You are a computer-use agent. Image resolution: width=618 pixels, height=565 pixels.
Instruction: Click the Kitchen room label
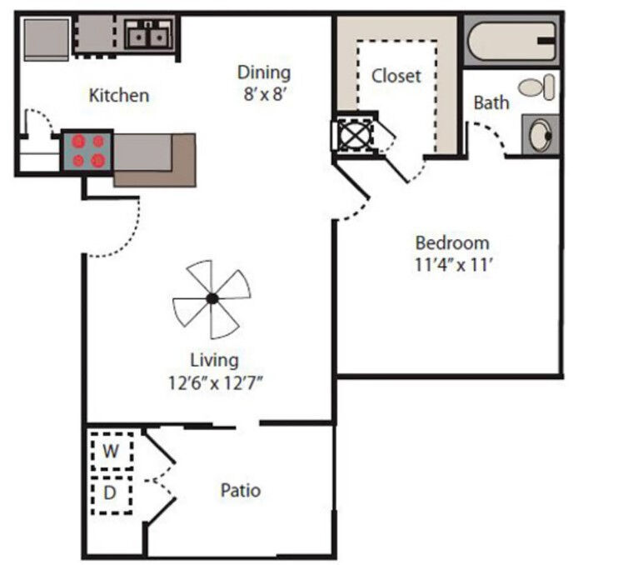pos(119,96)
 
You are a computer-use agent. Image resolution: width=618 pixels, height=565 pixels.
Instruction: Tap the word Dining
pos(264,73)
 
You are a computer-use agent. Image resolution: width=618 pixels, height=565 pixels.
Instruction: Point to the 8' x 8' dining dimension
pos(264,95)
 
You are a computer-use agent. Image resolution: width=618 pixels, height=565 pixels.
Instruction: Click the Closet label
pos(396,76)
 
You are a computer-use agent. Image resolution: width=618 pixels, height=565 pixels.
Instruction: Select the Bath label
pos(491,102)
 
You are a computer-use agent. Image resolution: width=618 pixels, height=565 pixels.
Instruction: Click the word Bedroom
pos(452,242)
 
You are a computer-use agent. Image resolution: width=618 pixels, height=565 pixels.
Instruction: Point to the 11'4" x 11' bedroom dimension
pos(453,264)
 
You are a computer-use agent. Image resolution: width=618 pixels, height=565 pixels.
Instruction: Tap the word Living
pos(214,361)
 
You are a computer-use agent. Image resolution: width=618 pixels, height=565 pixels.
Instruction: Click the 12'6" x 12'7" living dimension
pos(215,382)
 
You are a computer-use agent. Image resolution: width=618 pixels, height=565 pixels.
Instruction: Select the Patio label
pos(241,491)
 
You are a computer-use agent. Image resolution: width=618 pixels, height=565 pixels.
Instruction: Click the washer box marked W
pos(112,451)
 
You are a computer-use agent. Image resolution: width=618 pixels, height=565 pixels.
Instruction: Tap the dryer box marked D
pos(112,495)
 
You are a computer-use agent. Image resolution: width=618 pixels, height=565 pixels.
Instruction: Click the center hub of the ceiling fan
pos(212,299)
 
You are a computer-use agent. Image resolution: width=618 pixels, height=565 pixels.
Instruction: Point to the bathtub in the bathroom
pos(511,41)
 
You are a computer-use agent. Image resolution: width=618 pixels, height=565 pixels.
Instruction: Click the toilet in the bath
pos(536,87)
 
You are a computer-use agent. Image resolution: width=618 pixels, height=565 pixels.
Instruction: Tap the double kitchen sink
pos(148,35)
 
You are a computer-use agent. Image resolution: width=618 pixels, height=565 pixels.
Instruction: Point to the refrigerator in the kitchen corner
pos(47,39)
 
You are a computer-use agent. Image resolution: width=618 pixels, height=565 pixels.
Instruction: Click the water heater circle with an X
pos(354,135)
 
